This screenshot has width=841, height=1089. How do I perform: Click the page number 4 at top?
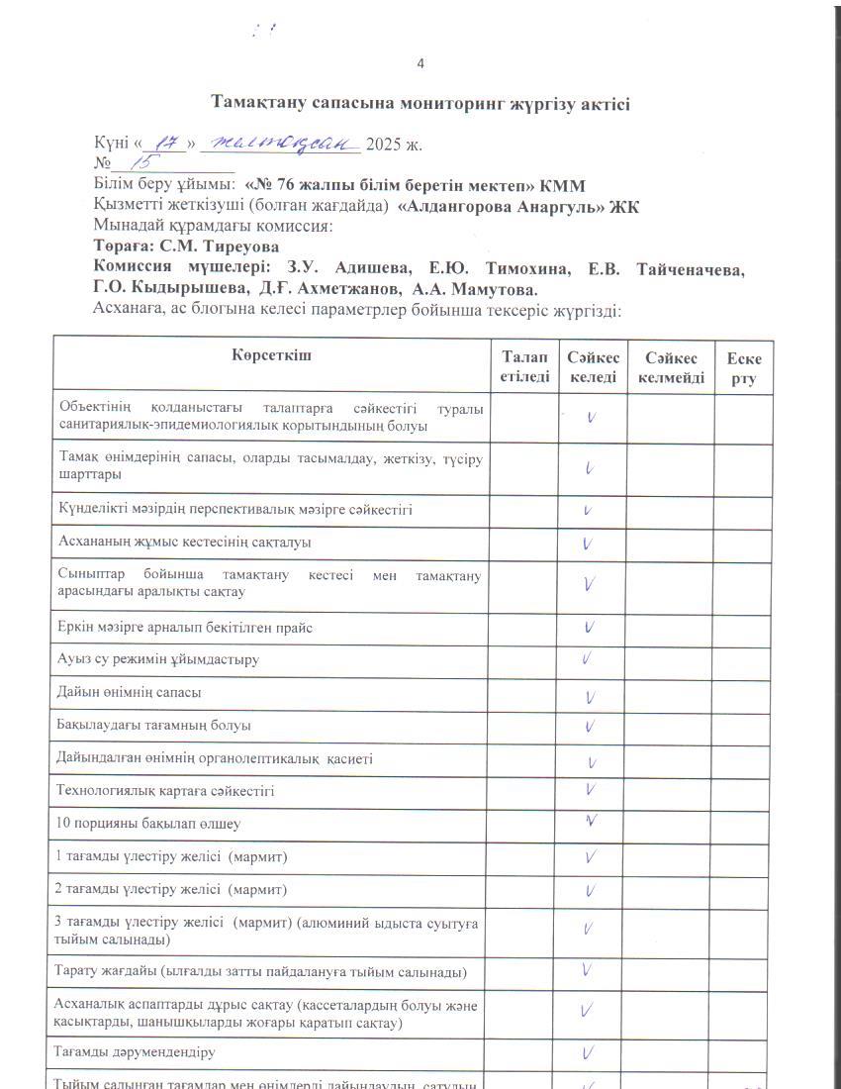tap(420, 64)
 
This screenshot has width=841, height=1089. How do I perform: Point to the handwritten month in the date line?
tap(279, 143)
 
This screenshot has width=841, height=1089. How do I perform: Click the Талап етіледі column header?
tap(523, 366)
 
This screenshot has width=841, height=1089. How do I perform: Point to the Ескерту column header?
tap(743, 366)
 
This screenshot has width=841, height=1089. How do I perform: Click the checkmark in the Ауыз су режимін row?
tap(588, 657)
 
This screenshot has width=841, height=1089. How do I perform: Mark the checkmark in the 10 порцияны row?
tap(590, 821)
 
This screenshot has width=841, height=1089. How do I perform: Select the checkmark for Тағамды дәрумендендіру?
tap(589, 1050)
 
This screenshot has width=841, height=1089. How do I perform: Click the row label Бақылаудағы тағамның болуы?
tap(154, 726)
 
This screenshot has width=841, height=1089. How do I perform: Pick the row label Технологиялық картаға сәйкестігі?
tap(166, 791)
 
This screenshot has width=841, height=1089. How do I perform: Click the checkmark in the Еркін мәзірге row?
tap(590, 626)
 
